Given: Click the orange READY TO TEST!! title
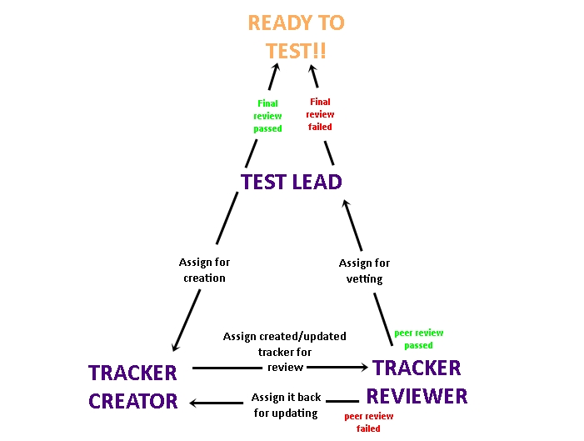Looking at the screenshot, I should pyautogui.click(x=296, y=37).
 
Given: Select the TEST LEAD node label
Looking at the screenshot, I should pyautogui.click(x=292, y=181).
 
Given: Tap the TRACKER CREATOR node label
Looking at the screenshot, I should pyautogui.click(x=133, y=386).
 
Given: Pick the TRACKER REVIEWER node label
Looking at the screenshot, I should pyautogui.click(x=417, y=381).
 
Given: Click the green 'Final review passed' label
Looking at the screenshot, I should pyautogui.click(x=267, y=116).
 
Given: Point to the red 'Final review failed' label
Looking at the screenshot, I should pyautogui.click(x=320, y=114).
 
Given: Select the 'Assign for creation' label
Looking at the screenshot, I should pyautogui.click(x=204, y=270).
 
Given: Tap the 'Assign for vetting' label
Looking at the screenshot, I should pyautogui.click(x=364, y=271).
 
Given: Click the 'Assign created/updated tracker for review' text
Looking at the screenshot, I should pyautogui.click(x=284, y=351).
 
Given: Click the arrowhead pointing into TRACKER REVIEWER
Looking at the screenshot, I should pyautogui.click(x=362, y=367).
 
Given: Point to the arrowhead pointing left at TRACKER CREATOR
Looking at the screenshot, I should pyautogui.click(x=195, y=403).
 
